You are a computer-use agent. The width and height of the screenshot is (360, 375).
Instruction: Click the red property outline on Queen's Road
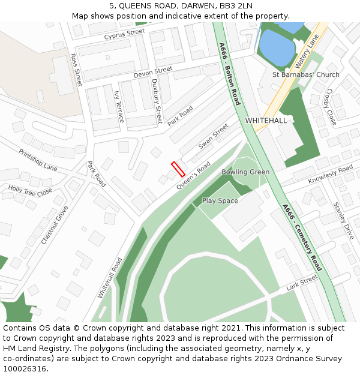(x=178, y=169)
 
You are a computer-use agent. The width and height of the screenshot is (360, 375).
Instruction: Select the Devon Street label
(x=152, y=73)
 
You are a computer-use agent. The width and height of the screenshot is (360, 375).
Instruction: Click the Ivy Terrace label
(x=119, y=107)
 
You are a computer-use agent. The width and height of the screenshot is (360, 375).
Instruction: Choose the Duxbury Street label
(x=157, y=101)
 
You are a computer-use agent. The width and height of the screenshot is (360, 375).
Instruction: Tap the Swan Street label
(x=214, y=136)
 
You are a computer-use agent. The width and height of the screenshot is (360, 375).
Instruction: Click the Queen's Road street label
(x=193, y=176)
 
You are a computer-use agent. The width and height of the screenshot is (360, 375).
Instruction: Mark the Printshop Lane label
(x=38, y=160)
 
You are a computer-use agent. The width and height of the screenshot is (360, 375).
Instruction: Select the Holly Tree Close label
(x=30, y=191)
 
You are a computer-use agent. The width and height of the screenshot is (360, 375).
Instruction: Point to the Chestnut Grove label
(x=55, y=225)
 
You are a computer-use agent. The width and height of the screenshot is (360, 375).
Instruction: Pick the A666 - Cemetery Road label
(x=302, y=237)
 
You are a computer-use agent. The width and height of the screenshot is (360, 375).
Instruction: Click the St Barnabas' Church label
(x=305, y=75)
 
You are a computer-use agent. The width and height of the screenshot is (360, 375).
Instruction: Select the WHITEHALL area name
(x=266, y=121)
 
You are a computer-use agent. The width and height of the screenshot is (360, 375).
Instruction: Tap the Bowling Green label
(x=245, y=172)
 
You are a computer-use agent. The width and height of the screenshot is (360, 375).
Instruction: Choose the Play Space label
(x=220, y=200)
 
